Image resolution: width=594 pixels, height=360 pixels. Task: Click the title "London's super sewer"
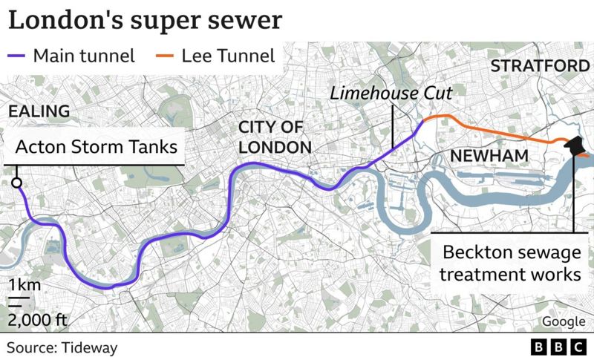point(145,20)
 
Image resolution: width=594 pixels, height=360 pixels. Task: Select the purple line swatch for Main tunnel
point(17,56)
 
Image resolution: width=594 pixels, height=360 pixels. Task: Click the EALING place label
point(39,111)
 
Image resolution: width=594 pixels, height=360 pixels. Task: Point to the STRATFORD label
point(540,66)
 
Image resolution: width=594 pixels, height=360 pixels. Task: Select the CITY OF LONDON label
point(274,137)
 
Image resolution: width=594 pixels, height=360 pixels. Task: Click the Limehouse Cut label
point(391,94)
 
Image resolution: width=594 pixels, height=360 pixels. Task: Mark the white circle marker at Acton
point(16,183)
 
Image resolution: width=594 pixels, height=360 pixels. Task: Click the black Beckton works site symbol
point(575,146)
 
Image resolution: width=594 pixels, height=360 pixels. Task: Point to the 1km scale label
point(25,285)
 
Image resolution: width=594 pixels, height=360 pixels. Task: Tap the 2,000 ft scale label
point(38,321)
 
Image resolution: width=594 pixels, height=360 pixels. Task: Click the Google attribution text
point(563,321)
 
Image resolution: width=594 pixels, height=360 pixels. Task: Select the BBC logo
point(558,347)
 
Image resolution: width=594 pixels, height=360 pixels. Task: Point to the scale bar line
point(19,300)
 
